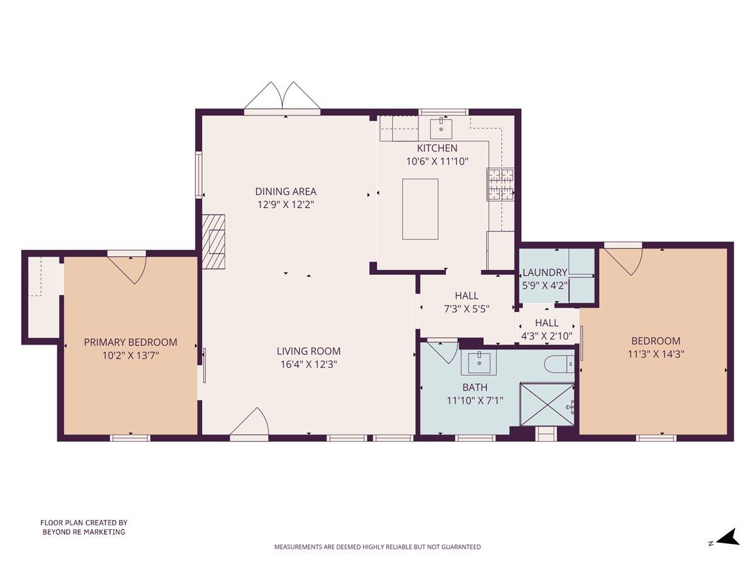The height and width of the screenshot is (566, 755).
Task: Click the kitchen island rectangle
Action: coord(420,209)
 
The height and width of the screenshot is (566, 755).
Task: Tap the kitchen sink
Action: coord(441,128)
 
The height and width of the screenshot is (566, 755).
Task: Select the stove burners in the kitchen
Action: coord(500,184)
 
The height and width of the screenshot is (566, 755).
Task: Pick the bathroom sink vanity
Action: coord(479,362)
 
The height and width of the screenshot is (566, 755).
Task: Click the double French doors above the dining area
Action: coord(282,97)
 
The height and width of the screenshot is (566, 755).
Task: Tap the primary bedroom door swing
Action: coord(129,268)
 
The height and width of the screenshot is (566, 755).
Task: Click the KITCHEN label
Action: coord(437,148)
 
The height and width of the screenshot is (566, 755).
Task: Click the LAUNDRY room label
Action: coord(545,272)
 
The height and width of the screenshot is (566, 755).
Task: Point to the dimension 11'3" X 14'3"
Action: coord(656,353)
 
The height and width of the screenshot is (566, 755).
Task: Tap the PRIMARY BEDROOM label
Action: coord(130,342)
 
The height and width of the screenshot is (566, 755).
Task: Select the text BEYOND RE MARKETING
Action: coord(84,532)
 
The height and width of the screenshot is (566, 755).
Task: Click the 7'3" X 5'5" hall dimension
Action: coord(466,308)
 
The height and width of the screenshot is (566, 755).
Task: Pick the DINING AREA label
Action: coord(286,191)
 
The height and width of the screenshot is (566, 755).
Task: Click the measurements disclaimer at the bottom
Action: coord(377,547)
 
